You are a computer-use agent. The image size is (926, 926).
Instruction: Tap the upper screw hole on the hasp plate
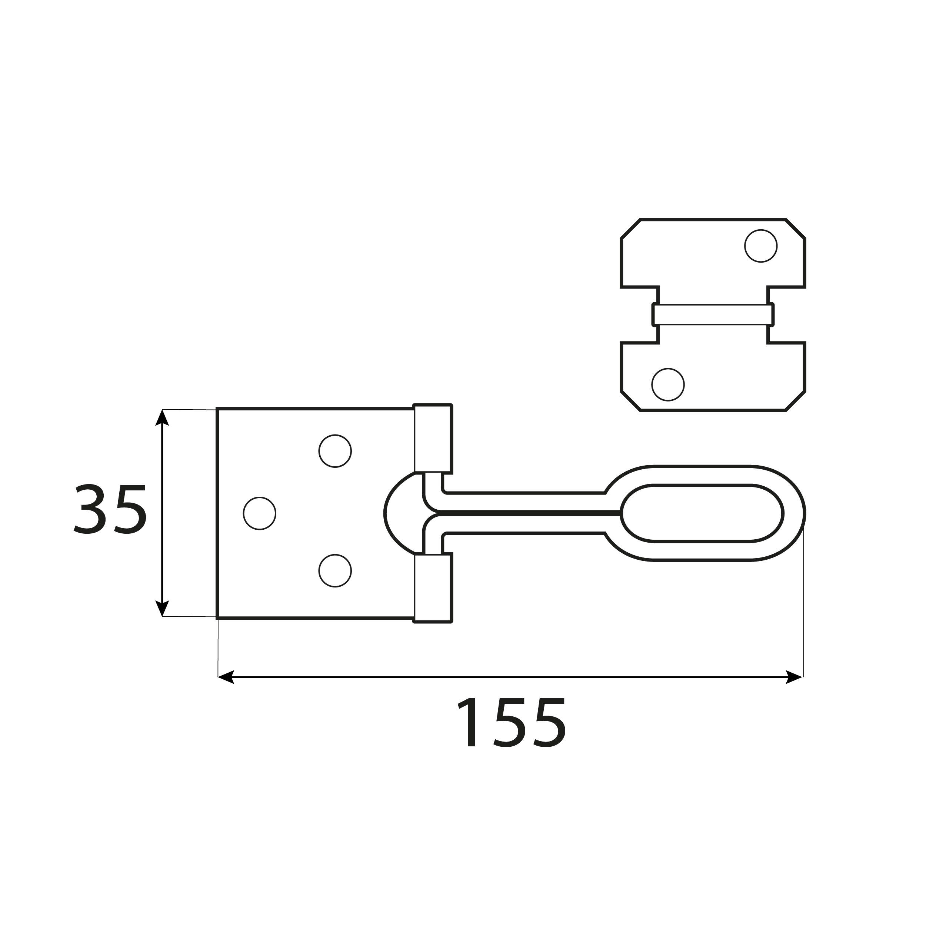click(x=335, y=451)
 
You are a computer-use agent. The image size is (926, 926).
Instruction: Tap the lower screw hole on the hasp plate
click(x=335, y=571)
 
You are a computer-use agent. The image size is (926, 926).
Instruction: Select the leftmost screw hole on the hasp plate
click(x=259, y=513)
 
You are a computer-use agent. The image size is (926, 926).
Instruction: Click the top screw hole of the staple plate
click(x=761, y=246)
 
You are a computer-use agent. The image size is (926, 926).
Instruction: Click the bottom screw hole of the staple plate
click(x=668, y=384)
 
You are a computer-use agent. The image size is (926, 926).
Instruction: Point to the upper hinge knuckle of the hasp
click(x=432, y=439)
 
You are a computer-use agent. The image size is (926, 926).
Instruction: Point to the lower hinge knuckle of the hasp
click(x=432, y=588)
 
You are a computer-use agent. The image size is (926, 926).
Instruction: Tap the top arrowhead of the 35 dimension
click(x=162, y=417)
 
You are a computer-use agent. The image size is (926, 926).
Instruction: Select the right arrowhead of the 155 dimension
click(x=794, y=677)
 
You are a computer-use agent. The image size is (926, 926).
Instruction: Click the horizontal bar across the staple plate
click(x=713, y=315)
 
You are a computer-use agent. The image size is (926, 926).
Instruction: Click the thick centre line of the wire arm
click(x=527, y=513)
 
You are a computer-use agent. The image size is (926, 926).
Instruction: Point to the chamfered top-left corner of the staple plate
click(x=631, y=229)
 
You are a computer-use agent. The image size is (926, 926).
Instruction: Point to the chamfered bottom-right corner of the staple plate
click(x=795, y=401)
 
